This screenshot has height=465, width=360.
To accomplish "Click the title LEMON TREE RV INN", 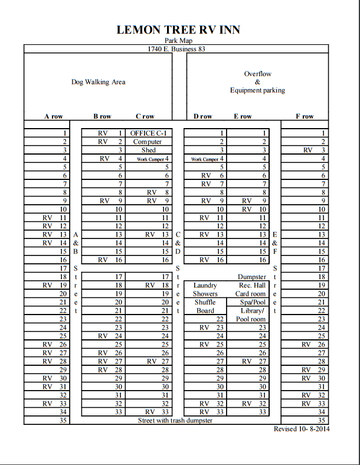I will click(x=178, y=30).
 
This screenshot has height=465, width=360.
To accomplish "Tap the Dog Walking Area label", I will click(x=98, y=82).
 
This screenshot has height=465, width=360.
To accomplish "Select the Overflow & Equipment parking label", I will click(x=257, y=82).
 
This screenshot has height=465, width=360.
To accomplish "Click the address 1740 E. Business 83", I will click(x=176, y=49).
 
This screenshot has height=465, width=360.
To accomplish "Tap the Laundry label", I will click(x=205, y=285).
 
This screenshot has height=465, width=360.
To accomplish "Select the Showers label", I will click(x=205, y=293).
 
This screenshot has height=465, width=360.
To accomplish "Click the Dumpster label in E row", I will click(x=252, y=277).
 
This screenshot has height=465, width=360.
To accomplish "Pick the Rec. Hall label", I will click(x=253, y=285).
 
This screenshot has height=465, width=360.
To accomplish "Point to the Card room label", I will click(x=251, y=293).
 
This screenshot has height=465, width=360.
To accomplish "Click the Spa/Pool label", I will click(x=252, y=302).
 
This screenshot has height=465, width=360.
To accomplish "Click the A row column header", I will click(x=53, y=116).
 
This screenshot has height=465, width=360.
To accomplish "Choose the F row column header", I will click(x=305, y=116).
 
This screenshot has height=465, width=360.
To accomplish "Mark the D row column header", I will click(x=203, y=116).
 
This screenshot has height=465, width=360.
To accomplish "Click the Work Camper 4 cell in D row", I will click(x=207, y=159).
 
